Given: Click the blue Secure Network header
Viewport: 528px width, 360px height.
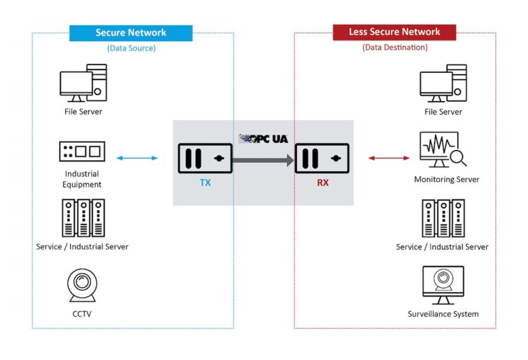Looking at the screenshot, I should tap(131, 32).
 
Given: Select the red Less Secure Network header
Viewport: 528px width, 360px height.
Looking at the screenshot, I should tap(394, 32).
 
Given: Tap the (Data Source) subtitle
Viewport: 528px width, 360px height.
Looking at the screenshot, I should tap(131, 48).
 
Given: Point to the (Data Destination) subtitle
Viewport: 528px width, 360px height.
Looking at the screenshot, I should tap(395, 47).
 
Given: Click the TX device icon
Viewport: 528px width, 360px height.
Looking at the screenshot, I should tap(204, 159).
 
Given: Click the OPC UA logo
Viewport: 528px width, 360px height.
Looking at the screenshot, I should tap(263, 139).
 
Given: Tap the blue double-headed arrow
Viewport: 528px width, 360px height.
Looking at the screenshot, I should tap(137, 159).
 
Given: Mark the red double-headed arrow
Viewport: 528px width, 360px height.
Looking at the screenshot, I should tap(389, 159).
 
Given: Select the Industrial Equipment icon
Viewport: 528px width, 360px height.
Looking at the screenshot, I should tap(82, 151).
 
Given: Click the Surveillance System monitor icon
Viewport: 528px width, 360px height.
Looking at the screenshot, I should tap(443, 284).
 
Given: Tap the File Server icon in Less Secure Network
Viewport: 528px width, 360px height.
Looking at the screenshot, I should tap(443, 83).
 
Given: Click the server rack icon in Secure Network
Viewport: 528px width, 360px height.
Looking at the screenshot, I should tap(82, 218).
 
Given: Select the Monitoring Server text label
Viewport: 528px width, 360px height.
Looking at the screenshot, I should tap(446, 179).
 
